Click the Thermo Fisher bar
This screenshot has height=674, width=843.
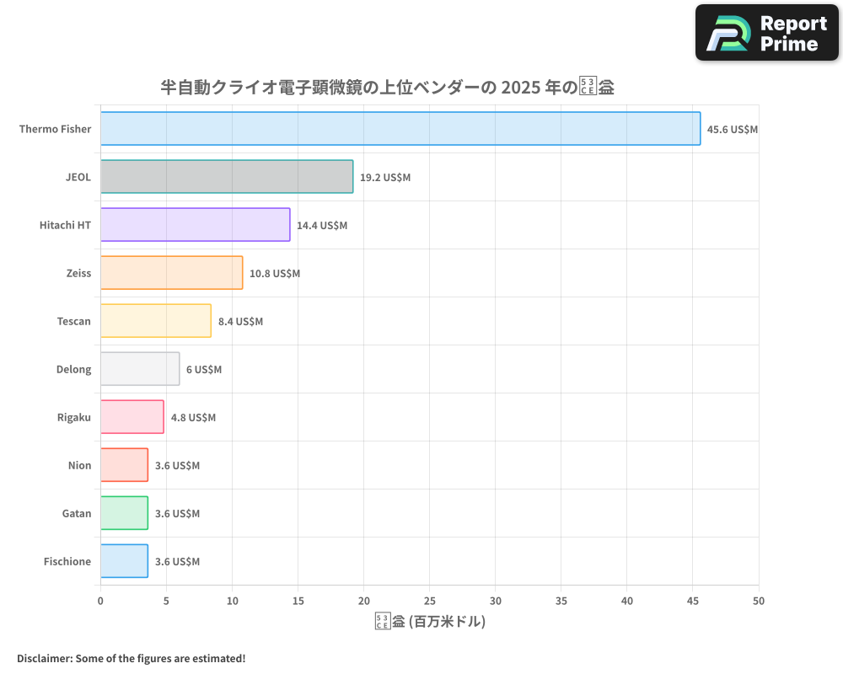coord(400,129)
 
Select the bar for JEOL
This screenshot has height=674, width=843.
coord(227,177)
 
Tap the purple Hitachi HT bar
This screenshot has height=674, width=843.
coord(195,225)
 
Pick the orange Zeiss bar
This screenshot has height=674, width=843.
coord(171,273)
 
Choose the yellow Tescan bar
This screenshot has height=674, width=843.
coord(156,321)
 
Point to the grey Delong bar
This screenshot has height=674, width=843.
coord(140,369)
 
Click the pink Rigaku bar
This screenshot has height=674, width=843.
coord(132,417)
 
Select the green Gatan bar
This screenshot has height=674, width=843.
coord(124,513)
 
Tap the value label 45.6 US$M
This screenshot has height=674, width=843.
coord(733,130)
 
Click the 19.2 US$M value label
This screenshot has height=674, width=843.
coord(385,178)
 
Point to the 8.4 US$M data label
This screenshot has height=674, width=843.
coord(240,322)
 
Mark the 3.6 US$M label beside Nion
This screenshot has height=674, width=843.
coord(177,466)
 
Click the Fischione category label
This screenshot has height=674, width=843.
coord(67,561)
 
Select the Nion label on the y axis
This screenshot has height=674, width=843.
coord(79,465)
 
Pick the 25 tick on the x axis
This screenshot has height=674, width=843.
coord(430,601)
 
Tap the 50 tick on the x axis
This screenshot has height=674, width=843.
coord(759,601)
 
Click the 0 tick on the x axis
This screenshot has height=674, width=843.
coord(100,601)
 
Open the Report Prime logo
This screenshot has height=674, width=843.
coord(767,33)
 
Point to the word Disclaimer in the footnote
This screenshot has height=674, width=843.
coord(44,658)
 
